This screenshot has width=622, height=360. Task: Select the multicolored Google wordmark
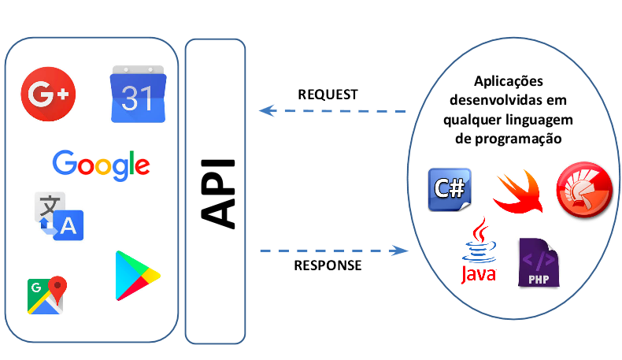click(101, 164)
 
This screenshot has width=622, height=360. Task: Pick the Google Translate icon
click(57, 216)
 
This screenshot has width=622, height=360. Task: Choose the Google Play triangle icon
click(136, 275)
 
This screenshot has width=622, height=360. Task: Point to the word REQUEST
click(328, 95)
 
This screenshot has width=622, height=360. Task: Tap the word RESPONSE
click(328, 265)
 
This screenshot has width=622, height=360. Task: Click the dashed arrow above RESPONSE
click(334, 251)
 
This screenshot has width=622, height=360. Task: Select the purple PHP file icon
click(539, 262)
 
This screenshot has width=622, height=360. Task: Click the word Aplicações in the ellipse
click(508, 82)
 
